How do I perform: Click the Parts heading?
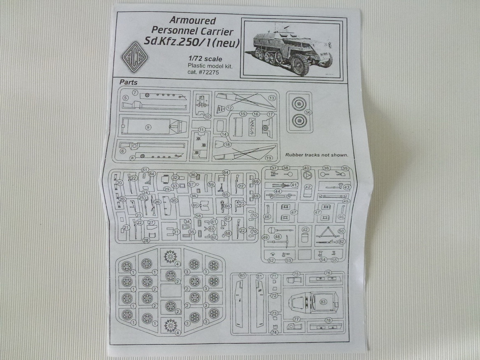[x=128, y=82]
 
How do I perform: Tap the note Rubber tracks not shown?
[x=317, y=155]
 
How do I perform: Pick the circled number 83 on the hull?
[x=324, y=302]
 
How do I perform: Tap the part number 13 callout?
[x=271, y=98]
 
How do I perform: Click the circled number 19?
[x=269, y=158]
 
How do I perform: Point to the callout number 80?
[x=242, y=276]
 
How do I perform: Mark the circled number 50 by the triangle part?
[x=341, y=231]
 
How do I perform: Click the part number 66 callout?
[x=227, y=206]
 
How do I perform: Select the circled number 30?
[x=174, y=201]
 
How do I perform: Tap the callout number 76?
[x=328, y=273]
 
